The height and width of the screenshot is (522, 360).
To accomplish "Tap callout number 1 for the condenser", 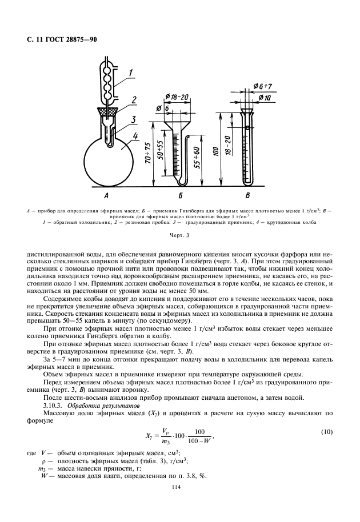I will [x=131, y=73].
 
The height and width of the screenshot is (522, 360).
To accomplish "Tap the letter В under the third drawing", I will [x=247, y=196].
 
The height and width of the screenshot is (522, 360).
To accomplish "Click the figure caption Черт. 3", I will [x=179, y=235].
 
